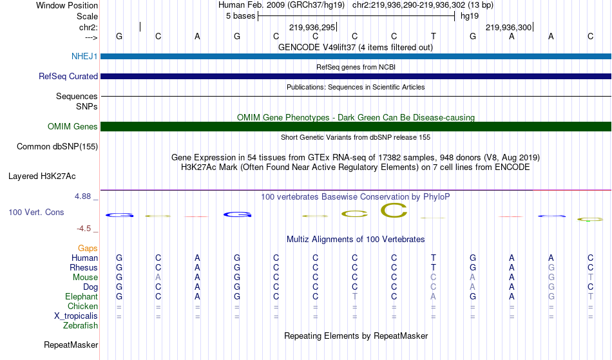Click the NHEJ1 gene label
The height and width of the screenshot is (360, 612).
click(x=84, y=56)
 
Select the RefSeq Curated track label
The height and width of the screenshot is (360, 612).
click(x=68, y=76)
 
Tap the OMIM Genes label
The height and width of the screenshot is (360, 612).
click(x=73, y=126)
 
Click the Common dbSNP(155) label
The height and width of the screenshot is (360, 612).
click(x=57, y=147)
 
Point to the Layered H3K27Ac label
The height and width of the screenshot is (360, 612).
click(x=42, y=176)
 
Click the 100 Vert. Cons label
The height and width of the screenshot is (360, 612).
click(x=36, y=212)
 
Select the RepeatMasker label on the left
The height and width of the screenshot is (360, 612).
click(x=71, y=345)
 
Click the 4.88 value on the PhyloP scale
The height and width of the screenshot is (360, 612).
click(x=82, y=196)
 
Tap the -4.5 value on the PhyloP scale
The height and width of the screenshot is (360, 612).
click(x=84, y=228)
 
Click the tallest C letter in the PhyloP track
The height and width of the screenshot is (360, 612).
click(x=394, y=211)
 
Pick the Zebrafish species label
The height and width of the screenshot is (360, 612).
click(x=81, y=325)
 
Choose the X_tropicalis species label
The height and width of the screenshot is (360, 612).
click(x=76, y=316)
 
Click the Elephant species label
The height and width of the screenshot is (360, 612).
click(x=82, y=296)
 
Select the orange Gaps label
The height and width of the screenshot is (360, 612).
click(x=88, y=248)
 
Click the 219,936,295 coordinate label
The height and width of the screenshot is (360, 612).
click(x=312, y=27)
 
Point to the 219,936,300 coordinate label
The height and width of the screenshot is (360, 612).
click(x=508, y=27)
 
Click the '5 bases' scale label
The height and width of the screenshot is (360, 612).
click(x=240, y=16)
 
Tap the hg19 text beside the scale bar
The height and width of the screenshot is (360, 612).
click(x=470, y=16)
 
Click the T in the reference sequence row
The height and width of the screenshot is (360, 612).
click(x=434, y=36)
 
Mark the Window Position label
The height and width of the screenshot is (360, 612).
click(x=67, y=5)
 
